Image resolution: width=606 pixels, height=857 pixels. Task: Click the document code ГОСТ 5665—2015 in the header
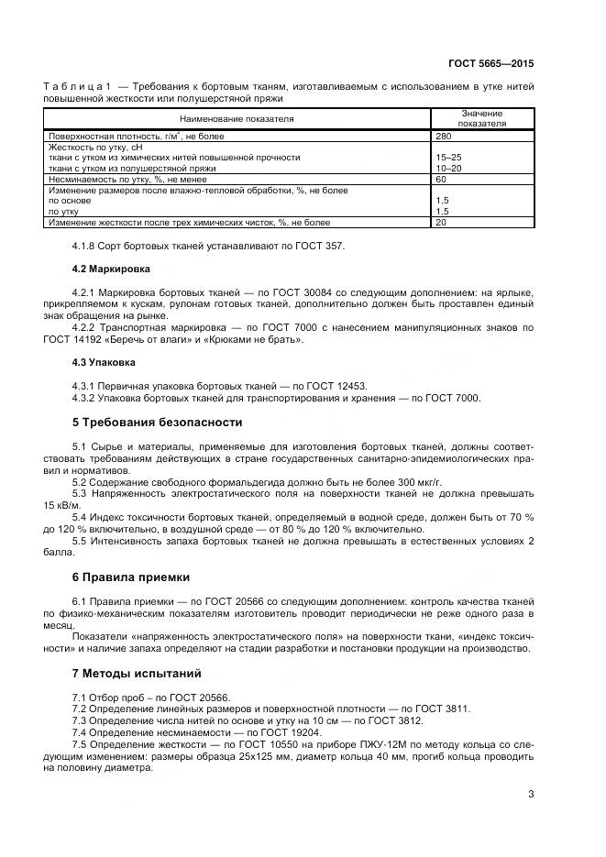(x=490, y=64)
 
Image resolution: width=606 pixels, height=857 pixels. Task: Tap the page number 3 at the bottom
(x=531, y=795)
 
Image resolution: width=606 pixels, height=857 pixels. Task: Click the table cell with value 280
(x=444, y=136)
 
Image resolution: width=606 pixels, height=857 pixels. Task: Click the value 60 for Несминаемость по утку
(x=441, y=180)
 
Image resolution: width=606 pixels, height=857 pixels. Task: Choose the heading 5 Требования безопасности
(x=157, y=423)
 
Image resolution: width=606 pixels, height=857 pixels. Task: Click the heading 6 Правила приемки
(x=130, y=577)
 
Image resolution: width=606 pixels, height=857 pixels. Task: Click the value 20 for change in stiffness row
(x=441, y=223)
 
